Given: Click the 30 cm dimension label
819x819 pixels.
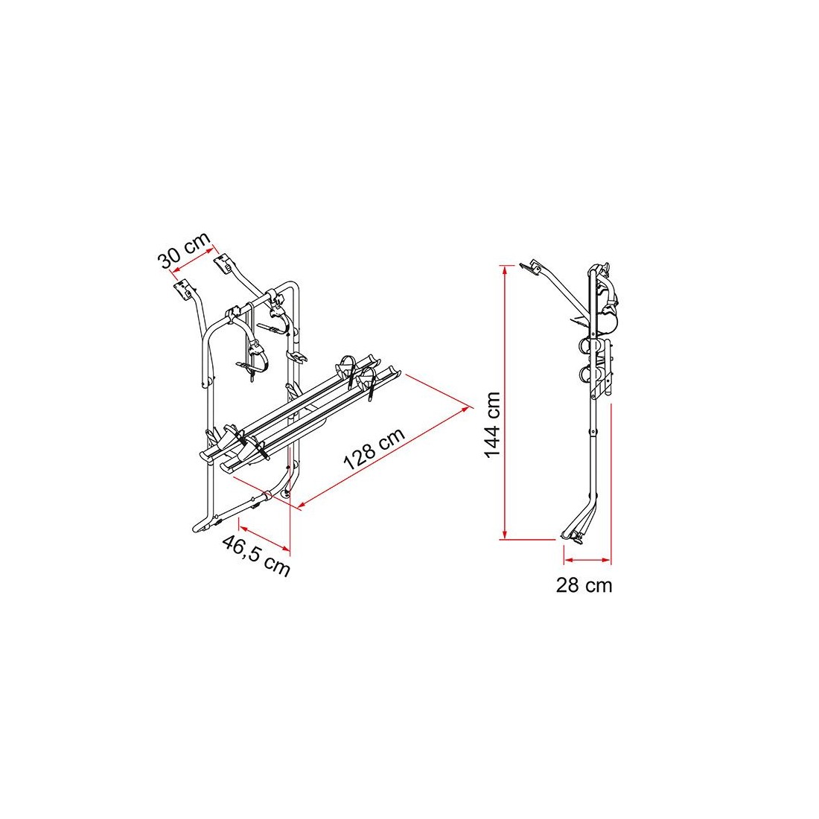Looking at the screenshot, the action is point(185,249).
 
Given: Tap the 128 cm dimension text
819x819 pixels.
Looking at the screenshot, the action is point(374,449).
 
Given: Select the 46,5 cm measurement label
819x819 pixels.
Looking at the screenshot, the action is point(255,555).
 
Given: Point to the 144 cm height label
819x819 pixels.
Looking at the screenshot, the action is point(493,425).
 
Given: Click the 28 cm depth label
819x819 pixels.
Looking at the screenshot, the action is point(584,585).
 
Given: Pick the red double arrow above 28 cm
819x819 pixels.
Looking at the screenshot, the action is point(587,560).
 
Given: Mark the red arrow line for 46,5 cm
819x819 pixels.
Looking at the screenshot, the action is point(264,535).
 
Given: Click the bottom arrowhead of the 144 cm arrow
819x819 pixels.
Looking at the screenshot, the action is point(504,535).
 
